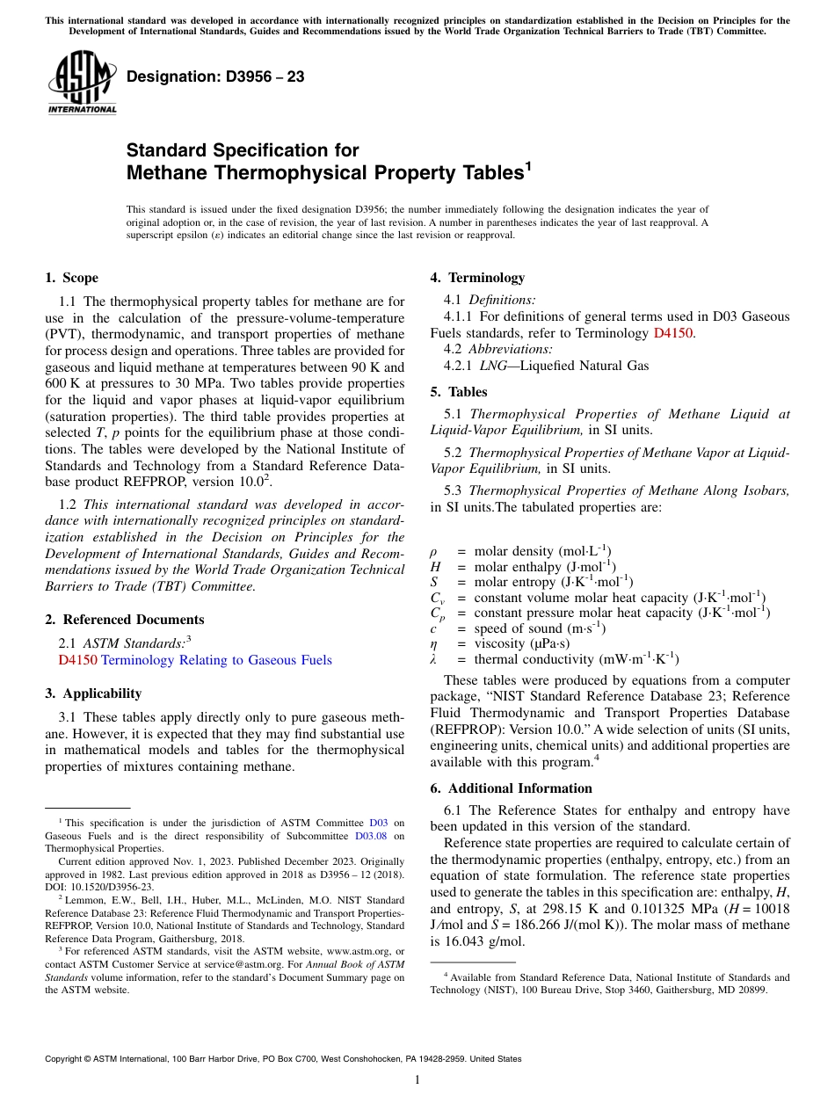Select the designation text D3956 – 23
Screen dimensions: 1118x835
coord(215,77)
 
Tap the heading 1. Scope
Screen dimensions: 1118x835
coord(71,279)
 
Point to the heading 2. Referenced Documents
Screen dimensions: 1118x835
coord(124,620)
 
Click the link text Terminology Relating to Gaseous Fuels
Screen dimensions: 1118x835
coord(216,660)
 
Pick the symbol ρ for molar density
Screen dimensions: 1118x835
coord(433,552)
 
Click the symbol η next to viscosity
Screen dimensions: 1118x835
coord(433,643)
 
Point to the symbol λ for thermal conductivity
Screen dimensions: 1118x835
coord(433,659)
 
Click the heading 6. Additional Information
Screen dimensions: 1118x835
coord(512,788)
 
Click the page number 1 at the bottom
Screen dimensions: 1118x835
coord(417,1080)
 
